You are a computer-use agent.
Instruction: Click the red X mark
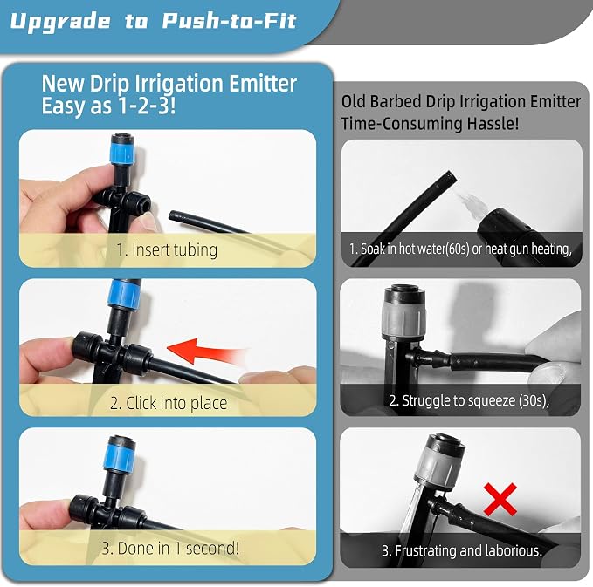pos(500,500)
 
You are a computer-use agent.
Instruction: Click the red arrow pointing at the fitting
pos(206,352)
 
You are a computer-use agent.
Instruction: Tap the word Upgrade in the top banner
pos(59,22)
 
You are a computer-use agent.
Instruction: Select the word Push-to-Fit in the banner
pos(229,20)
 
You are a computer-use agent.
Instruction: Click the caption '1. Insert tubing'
pos(167,249)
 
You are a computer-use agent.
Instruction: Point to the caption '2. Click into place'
pos(169,403)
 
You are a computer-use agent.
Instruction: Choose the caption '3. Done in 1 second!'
pos(170,548)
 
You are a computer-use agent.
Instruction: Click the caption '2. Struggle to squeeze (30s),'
pos(469,400)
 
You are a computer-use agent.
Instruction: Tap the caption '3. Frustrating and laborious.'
pos(462,550)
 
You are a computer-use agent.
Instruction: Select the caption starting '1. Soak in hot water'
pos(460,249)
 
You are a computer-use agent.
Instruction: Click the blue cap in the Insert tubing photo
pos(121,153)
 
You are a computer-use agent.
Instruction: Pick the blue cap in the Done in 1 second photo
pos(119,456)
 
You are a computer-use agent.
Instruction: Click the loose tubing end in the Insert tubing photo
pos(173,215)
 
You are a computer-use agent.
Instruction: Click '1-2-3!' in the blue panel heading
pos(147,106)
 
